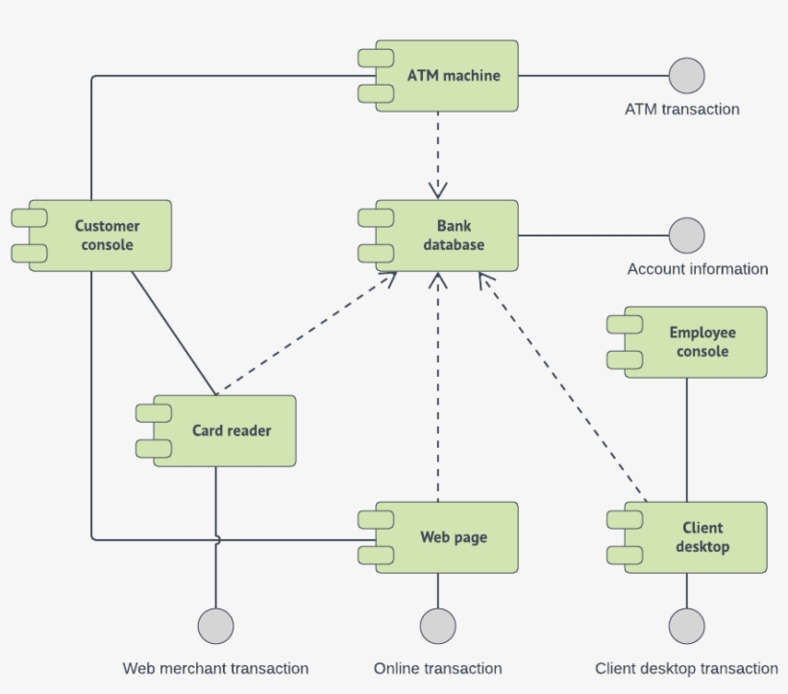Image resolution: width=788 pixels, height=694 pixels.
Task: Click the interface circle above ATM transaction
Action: [686, 75]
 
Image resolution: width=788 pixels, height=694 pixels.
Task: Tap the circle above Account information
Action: [686, 235]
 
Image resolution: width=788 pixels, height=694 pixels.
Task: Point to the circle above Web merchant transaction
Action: [215, 626]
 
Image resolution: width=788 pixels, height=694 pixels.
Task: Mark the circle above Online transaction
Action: [437, 626]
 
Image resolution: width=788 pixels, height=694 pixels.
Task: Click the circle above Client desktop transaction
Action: [686, 626]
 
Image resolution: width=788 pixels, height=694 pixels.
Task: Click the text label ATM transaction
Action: [682, 110]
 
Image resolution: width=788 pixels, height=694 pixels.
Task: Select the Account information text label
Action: [698, 269]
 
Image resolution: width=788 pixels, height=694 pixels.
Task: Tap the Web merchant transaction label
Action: [215, 668]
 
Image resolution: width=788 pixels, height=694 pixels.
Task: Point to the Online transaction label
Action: [437, 668]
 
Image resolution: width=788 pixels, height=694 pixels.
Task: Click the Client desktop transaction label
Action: [686, 668]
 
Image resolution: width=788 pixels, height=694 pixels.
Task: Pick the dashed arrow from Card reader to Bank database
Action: [306, 334]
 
